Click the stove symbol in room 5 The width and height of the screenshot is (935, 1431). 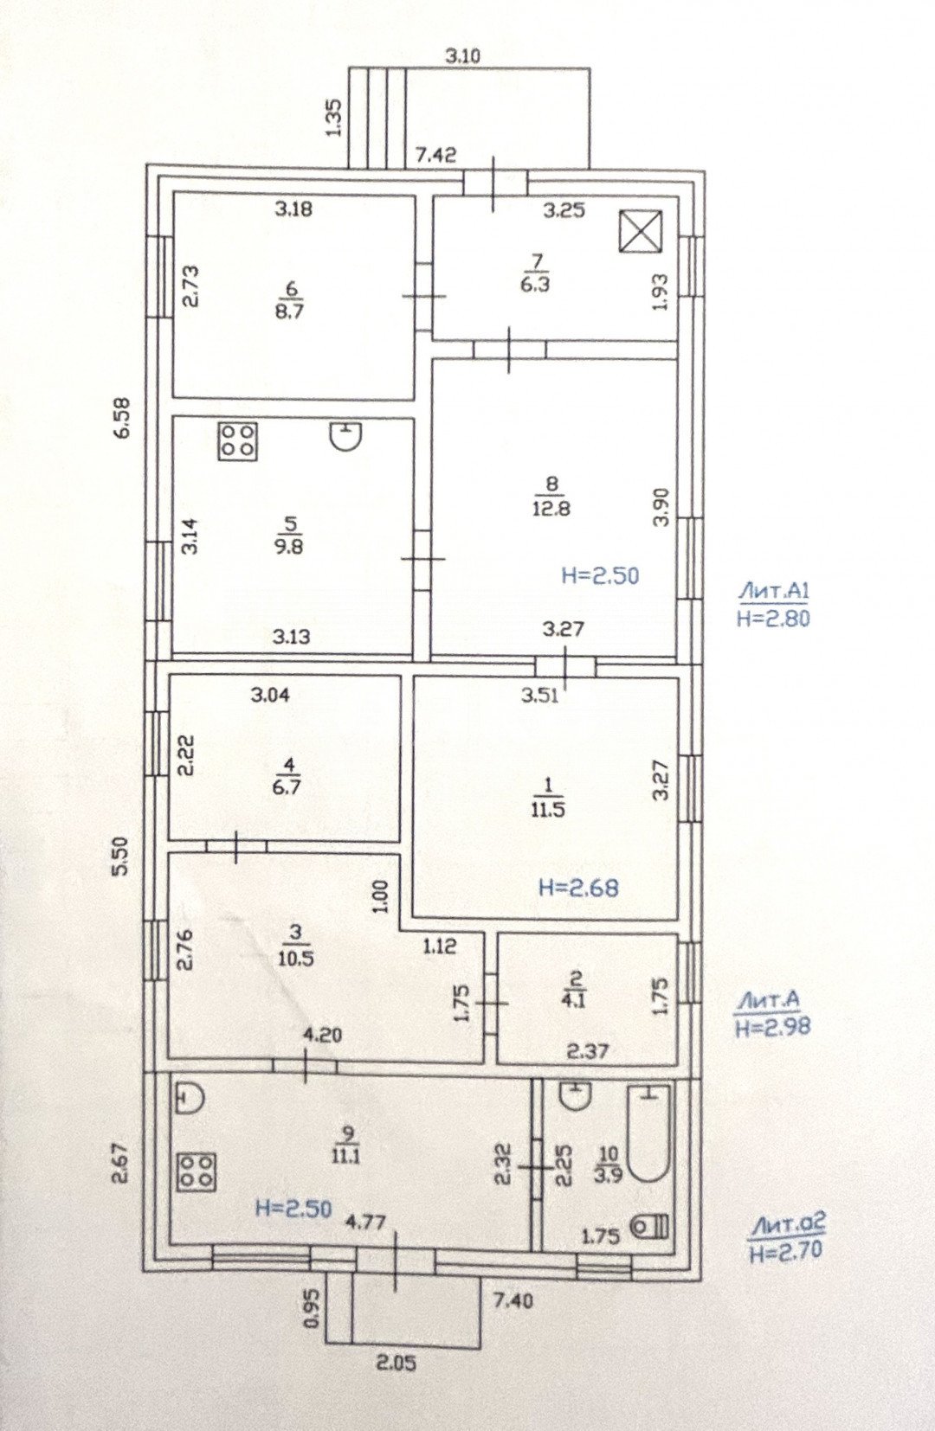coord(236,440)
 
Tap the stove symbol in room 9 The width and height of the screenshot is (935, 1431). coord(197,1171)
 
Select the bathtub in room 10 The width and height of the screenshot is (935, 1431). coord(649,1133)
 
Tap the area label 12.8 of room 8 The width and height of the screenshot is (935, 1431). coord(551,509)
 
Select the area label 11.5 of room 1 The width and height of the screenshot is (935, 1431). coord(549,810)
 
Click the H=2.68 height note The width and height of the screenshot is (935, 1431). coord(578,887)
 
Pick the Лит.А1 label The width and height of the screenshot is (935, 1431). coord(773,592)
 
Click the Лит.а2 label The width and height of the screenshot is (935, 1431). coord(788,1224)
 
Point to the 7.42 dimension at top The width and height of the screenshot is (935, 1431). coord(435,155)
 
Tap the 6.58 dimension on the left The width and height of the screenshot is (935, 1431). coord(123,417)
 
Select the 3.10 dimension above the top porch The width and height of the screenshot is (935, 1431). coord(462,57)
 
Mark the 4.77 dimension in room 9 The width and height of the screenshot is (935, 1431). coord(365,1222)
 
